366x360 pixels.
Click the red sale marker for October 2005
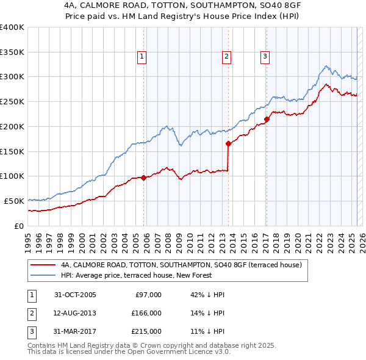coord(144,178)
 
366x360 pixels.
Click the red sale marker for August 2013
coord(228,144)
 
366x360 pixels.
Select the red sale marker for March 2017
coord(267,120)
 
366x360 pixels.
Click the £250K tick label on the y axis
coord(12,101)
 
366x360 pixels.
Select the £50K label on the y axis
coord(14,201)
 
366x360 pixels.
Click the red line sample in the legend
coord(43,265)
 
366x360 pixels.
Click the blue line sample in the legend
coord(43,275)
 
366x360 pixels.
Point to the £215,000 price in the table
coord(146,331)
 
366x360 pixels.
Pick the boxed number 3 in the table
coord(30,331)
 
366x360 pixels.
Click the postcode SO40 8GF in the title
coord(272,5)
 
